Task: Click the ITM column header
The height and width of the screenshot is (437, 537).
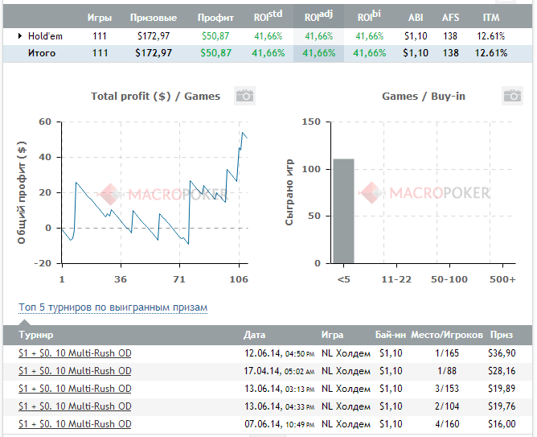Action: pos(490,17)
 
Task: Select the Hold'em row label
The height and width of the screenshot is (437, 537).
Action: pos(45,35)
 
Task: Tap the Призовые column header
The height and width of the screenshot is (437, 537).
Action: pos(154,17)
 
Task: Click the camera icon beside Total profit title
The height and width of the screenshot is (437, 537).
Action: pos(244,96)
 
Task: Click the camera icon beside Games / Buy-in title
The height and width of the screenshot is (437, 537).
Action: pos(512,96)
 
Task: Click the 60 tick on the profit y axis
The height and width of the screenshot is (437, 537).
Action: pos(45,122)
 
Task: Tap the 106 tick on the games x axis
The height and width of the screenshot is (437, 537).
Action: pos(239,279)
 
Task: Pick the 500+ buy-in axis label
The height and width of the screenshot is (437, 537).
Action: pos(502,279)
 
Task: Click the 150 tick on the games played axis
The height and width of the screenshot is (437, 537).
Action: pos(310,122)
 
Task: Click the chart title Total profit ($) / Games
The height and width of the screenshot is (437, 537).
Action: pos(155,96)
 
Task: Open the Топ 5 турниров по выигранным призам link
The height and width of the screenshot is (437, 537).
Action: pos(113,307)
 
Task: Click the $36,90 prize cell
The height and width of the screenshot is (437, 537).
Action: pos(501,353)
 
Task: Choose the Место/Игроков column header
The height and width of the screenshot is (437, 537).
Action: pos(446,334)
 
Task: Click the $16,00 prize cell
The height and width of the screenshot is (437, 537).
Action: pos(501,424)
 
